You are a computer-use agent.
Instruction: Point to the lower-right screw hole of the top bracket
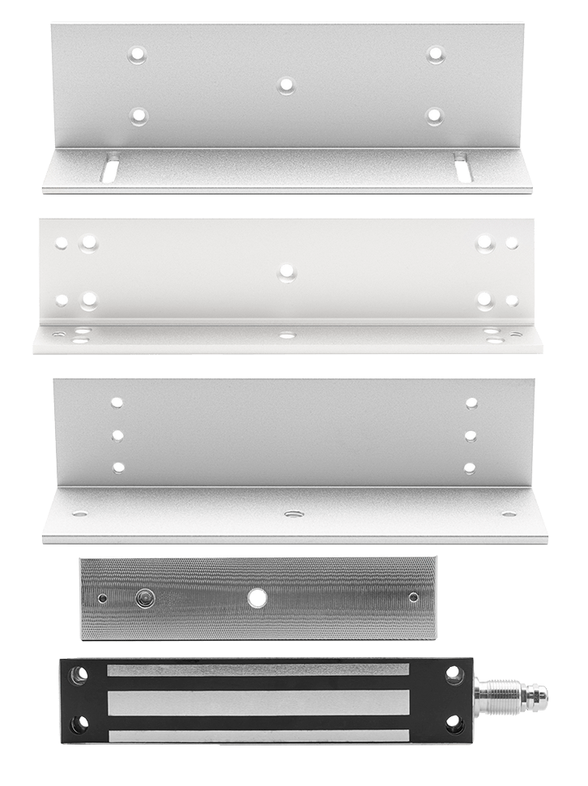coord(436,114)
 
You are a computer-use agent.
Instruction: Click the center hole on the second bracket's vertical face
coord(284,271)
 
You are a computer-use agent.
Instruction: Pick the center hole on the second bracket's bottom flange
coord(284,333)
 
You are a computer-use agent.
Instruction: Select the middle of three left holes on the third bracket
coord(118,435)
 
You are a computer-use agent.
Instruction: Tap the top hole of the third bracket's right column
coord(471,402)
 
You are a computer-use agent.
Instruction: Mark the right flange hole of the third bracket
coord(508,514)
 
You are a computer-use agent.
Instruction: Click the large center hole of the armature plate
coord(258,598)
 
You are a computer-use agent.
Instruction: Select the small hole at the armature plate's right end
coord(414,598)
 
